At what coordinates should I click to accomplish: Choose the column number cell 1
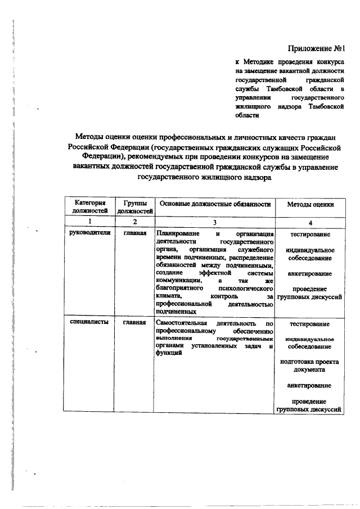pos(88,222)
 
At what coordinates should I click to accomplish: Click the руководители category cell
pos(88,232)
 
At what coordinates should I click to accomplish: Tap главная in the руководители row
pos(135,232)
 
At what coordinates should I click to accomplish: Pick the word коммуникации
pos(179,280)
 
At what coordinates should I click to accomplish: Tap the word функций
pos(169,354)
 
